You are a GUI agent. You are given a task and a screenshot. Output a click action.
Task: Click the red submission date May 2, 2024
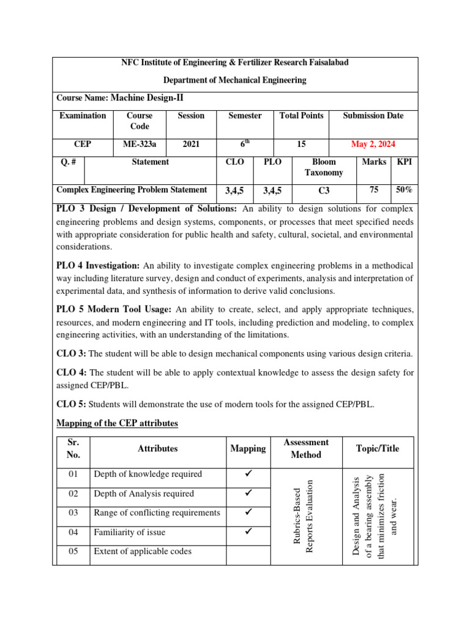pyautogui.click(x=373, y=145)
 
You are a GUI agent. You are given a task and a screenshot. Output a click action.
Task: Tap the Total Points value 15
pyautogui.click(x=301, y=145)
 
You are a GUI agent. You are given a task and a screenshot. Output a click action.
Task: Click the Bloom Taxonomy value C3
pyautogui.click(x=324, y=190)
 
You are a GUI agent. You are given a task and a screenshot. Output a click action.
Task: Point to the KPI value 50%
pyautogui.click(x=405, y=190)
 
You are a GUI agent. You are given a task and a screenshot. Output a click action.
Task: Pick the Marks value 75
pyautogui.click(x=373, y=190)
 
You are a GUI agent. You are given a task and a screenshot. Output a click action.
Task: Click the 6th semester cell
pyautogui.click(x=245, y=145)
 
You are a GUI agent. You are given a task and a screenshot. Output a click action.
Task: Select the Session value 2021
pyautogui.click(x=191, y=145)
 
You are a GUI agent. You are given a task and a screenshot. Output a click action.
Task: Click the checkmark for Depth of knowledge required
pyautogui.click(x=248, y=474)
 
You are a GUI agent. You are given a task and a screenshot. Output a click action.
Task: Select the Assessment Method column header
pyautogui.click(x=306, y=448)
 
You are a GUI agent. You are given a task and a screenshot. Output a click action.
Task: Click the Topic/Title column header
pyautogui.click(x=378, y=448)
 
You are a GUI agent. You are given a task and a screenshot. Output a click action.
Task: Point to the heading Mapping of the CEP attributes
pyautogui.click(x=117, y=422)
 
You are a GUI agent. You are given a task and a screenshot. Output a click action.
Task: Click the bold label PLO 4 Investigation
pyautogui.click(x=98, y=265)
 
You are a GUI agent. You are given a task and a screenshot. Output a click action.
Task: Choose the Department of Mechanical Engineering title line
pyautogui.click(x=235, y=80)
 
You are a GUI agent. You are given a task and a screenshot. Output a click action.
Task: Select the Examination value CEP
pyautogui.click(x=83, y=145)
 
